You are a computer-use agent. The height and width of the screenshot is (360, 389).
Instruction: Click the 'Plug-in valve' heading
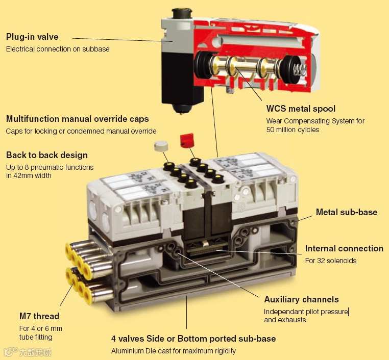[32, 37]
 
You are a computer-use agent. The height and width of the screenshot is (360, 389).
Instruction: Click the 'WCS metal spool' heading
[301, 109]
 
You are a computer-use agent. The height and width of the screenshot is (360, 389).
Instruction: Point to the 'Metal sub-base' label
[347, 212]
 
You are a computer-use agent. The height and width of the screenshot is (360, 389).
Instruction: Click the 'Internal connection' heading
[344, 248]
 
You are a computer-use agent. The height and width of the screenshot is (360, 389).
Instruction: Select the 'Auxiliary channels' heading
[301, 299]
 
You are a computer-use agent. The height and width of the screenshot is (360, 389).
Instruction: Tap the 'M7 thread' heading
[39, 316]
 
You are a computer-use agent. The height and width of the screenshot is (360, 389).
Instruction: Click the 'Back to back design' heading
[47, 155]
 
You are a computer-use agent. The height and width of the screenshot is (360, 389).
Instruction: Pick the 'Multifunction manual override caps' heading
[78, 119]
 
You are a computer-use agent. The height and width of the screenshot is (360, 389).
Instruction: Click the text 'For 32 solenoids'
[331, 261]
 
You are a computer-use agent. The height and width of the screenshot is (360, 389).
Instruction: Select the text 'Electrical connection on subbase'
[58, 49]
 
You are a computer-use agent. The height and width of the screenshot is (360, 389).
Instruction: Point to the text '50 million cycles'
[293, 130]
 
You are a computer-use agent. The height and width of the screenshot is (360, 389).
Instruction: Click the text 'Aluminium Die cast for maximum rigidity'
[174, 351]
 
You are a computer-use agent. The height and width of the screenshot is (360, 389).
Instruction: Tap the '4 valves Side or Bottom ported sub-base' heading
[193, 339]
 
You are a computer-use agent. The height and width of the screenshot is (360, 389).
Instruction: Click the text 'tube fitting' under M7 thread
[36, 337]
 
